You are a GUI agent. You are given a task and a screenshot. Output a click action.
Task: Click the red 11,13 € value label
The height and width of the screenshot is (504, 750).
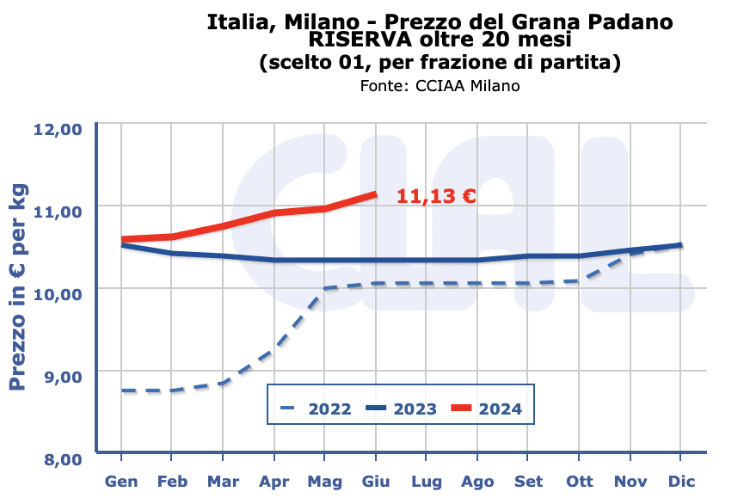(x=436, y=196)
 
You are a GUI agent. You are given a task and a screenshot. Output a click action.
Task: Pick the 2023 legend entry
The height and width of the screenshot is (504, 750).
(x=402, y=409)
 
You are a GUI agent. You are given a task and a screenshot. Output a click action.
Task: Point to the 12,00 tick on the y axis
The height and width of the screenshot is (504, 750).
(x=57, y=129)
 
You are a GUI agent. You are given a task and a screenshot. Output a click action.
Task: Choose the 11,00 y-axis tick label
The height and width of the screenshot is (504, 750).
(x=57, y=211)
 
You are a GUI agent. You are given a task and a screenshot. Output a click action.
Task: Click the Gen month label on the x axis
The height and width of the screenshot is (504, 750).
(x=121, y=481)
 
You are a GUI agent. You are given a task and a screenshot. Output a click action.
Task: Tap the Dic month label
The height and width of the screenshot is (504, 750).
(x=681, y=481)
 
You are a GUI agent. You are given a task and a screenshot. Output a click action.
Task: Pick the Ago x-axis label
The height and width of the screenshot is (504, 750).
(x=477, y=481)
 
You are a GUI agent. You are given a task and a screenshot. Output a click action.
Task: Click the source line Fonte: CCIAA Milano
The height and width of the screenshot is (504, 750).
(x=440, y=86)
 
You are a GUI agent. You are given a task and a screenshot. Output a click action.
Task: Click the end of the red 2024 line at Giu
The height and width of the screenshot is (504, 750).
(x=375, y=194)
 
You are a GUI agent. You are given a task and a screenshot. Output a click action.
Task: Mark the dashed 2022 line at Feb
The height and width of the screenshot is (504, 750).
(x=172, y=390)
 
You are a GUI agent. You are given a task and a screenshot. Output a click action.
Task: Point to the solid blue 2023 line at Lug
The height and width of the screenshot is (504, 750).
(x=427, y=260)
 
